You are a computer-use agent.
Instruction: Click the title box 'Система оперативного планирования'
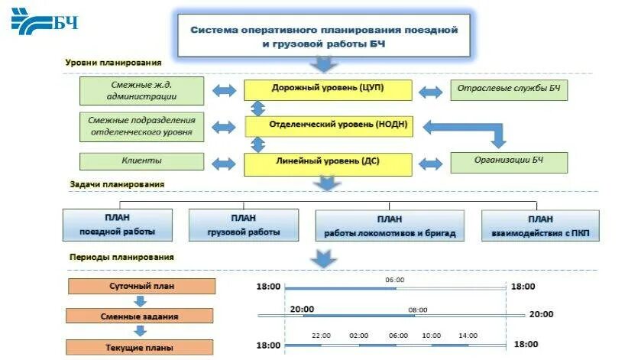click(323, 35)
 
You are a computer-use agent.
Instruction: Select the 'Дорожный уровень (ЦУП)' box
click(328, 89)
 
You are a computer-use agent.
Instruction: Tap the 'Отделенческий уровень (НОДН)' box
click(328, 125)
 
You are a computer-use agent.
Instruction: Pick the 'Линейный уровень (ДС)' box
click(328, 162)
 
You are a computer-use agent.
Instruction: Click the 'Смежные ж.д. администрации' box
click(142, 91)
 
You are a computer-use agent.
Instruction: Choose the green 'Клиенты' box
click(142, 161)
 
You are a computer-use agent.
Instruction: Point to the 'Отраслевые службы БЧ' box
click(509, 89)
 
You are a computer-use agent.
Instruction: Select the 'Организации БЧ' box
click(509, 162)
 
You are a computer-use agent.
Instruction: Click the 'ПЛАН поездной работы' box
click(117, 225)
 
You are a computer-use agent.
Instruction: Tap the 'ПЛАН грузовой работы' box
click(242, 225)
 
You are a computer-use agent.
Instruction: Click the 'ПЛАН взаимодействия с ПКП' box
click(540, 225)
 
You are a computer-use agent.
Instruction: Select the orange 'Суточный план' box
click(142, 287)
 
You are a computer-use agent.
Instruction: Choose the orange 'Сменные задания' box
click(142, 316)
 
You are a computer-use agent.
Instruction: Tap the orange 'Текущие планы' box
click(142, 347)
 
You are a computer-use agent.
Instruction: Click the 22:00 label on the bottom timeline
click(322, 336)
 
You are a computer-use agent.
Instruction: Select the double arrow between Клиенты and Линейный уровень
click(225, 163)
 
